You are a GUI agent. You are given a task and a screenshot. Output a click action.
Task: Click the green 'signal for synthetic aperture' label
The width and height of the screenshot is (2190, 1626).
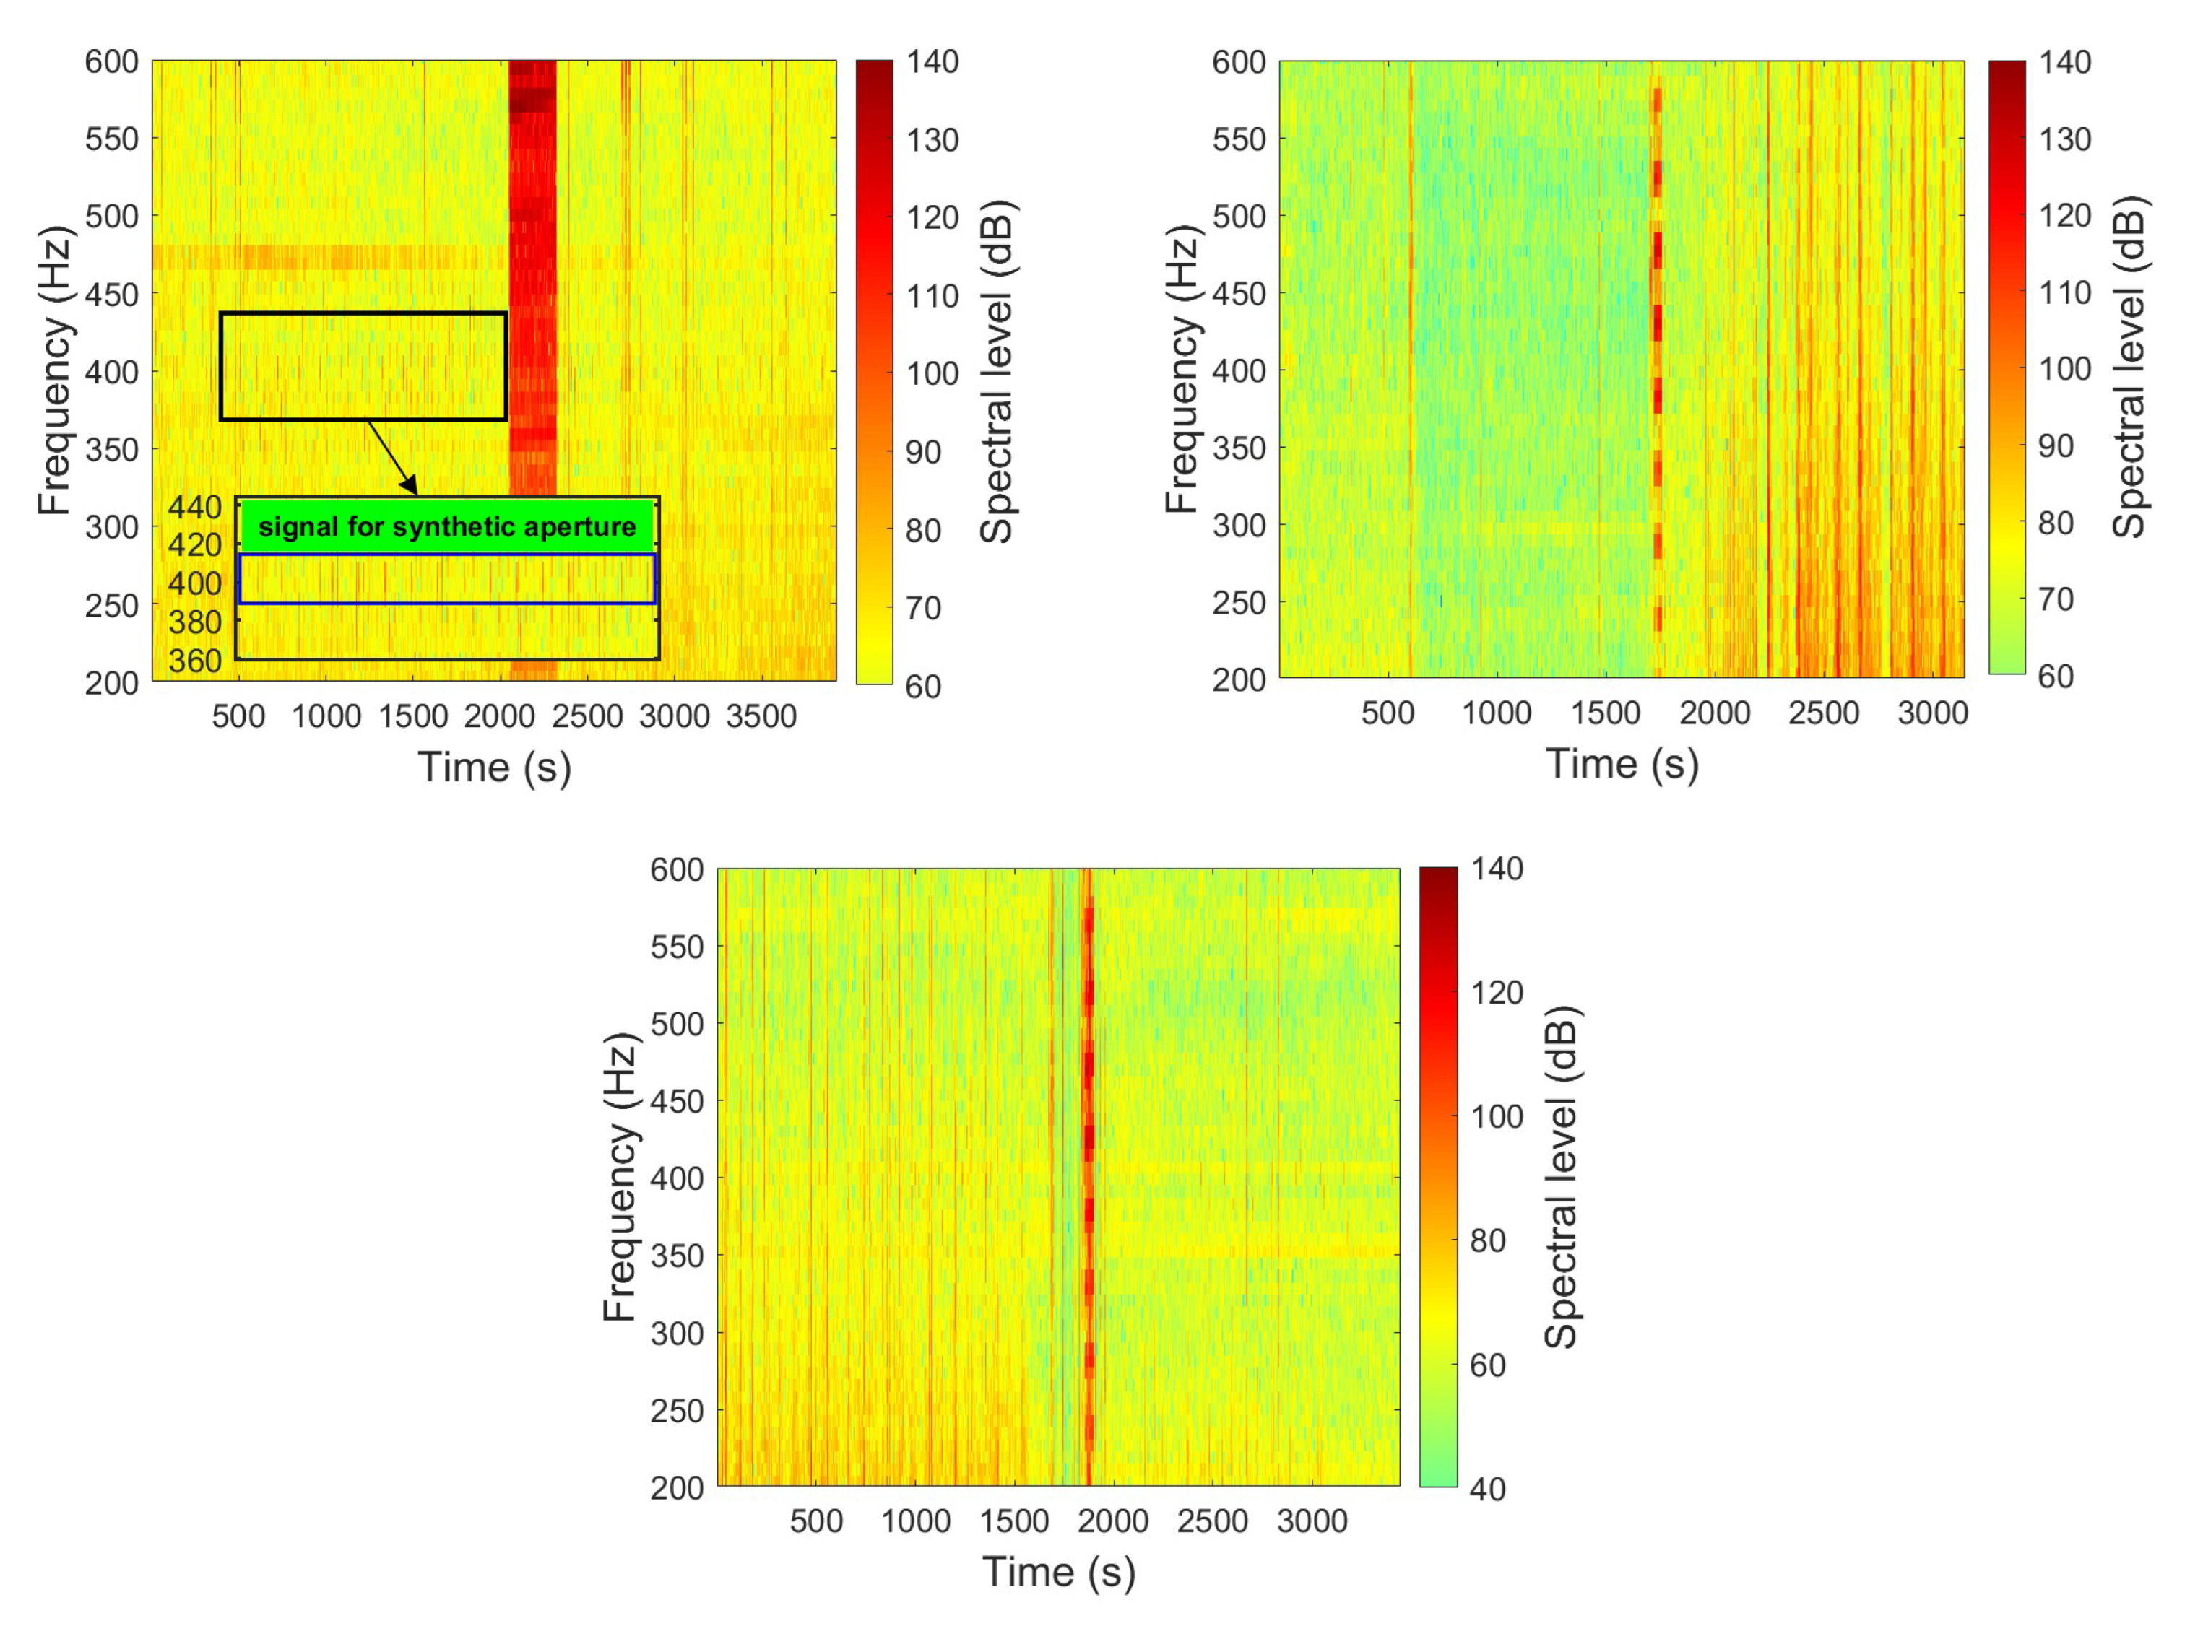pos(446,526)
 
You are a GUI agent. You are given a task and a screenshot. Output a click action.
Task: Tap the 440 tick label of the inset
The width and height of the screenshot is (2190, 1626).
pos(195,507)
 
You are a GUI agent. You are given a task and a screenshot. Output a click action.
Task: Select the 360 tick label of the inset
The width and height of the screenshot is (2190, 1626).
pos(195,661)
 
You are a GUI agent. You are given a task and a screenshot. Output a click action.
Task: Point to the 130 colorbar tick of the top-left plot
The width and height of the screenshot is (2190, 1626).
pos(932,140)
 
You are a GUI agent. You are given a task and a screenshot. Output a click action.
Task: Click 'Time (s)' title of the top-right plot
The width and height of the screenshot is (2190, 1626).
pos(1622,764)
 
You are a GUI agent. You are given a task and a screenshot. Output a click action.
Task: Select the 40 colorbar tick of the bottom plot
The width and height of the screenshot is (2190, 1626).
pos(1487,1490)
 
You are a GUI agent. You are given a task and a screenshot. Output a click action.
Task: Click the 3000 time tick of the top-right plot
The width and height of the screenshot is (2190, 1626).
pos(1932,713)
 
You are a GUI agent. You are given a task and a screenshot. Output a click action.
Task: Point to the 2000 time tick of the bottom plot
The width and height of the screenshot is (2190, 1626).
pos(1113,1522)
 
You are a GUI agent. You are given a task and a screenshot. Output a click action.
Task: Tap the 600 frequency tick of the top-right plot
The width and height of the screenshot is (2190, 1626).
pos(1238,62)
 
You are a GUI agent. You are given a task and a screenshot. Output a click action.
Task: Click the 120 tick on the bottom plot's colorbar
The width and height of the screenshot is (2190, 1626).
pos(1497,992)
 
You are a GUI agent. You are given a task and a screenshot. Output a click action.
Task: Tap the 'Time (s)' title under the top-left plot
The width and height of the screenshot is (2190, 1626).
pos(494,767)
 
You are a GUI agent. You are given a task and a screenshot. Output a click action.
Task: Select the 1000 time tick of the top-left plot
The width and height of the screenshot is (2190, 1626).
pos(326,716)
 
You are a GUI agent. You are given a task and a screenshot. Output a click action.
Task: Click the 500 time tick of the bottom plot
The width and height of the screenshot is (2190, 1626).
pos(815,1522)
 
